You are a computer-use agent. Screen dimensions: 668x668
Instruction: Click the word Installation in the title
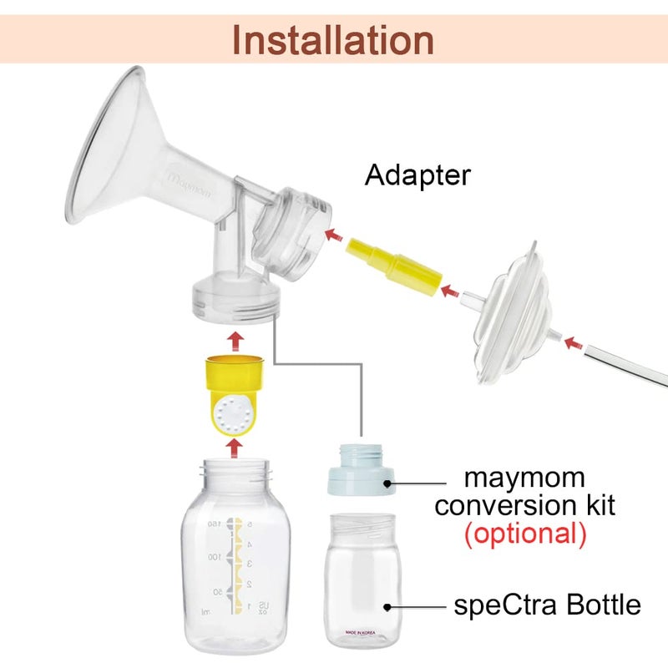pos(333,40)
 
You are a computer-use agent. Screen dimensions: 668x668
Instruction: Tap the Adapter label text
pos(417,176)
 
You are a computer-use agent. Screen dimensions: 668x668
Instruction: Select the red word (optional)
pos(524,533)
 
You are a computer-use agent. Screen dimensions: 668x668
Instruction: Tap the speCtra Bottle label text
pos(547,605)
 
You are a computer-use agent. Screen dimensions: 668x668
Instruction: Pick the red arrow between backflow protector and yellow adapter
pos(449,291)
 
